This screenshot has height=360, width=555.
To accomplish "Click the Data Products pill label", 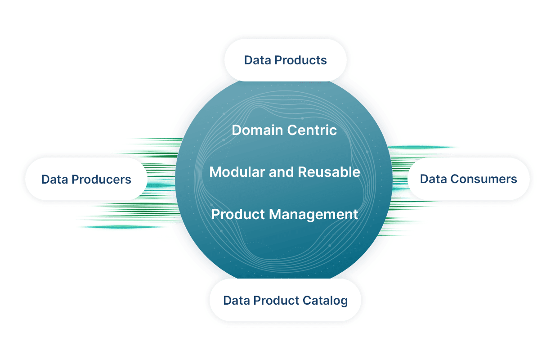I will tap(285, 60).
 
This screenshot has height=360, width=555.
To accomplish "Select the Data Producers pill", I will tap(86, 179).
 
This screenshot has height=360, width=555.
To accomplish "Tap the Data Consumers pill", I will tap(468, 179).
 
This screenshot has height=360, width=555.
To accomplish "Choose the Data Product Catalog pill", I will tap(285, 300).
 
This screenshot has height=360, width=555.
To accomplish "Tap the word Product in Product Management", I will tap(238, 214).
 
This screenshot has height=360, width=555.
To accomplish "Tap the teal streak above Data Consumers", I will tap(423, 147).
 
